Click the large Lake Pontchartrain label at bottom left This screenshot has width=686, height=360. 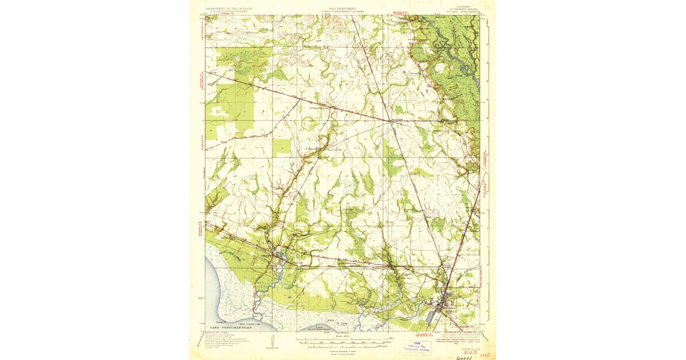pos(232,327)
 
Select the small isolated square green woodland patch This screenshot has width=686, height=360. pos(281,147)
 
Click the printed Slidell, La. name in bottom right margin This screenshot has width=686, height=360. pos(464,341)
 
